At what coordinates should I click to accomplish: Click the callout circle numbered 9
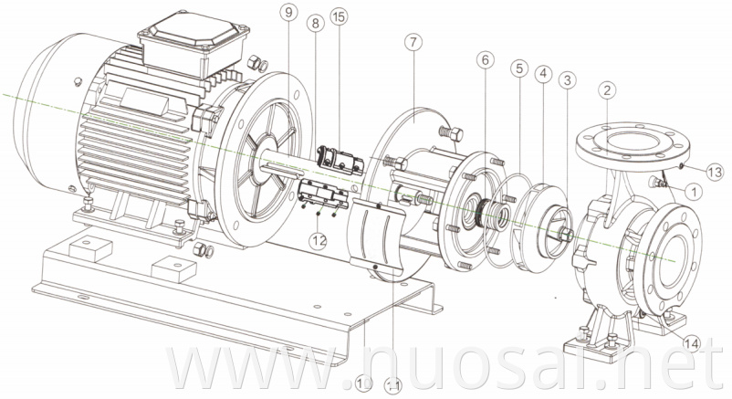[289, 13]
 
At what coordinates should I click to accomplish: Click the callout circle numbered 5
[519, 68]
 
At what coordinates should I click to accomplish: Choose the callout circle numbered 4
[544, 73]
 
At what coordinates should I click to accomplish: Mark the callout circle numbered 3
[569, 81]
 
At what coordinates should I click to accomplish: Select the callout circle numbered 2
[607, 89]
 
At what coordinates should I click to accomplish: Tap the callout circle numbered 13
[715, 172]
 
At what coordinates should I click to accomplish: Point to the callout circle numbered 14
[691, 344]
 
